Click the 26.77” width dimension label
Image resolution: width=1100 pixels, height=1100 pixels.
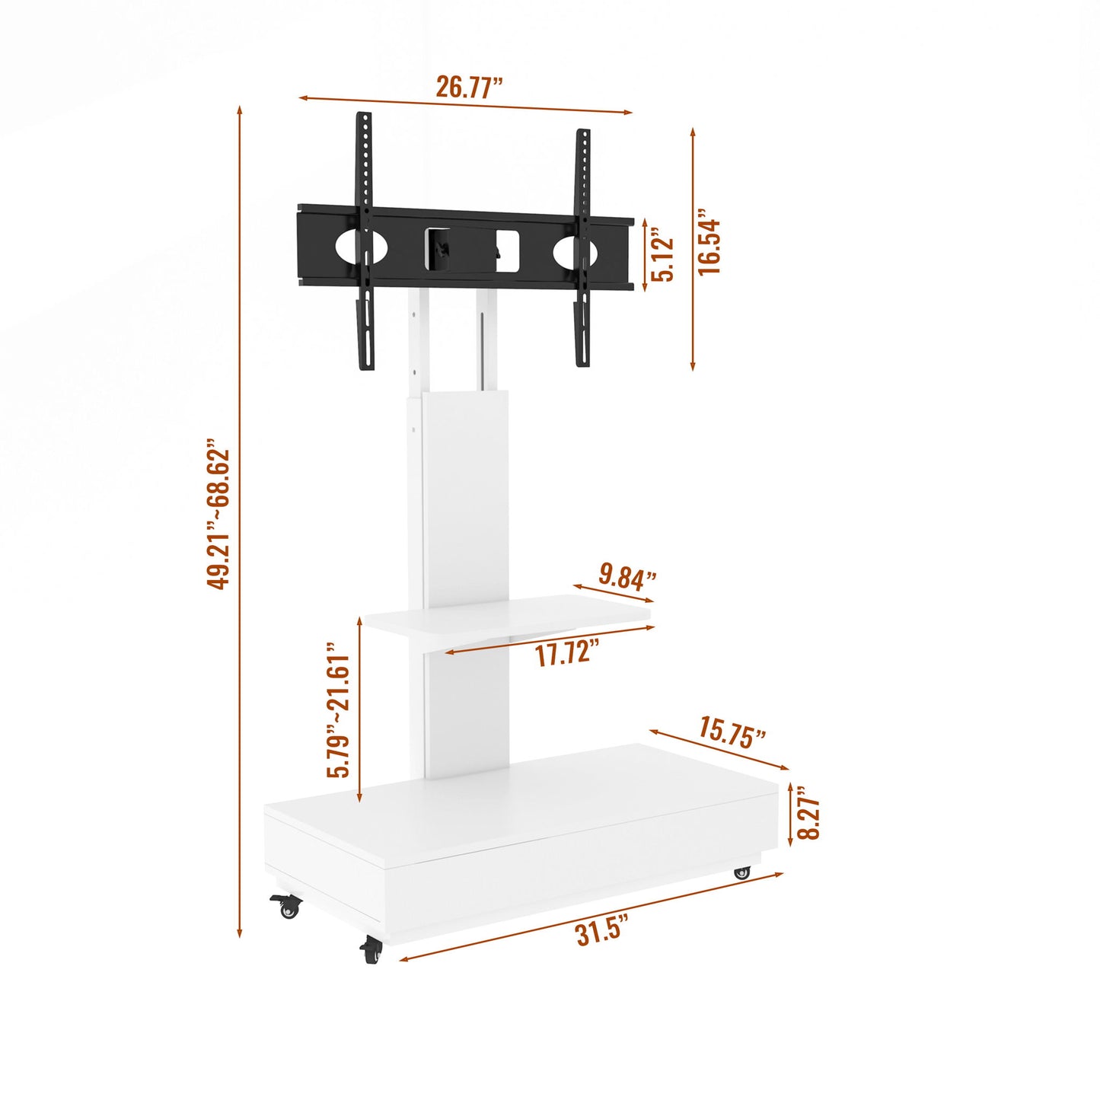pyautogui.click(x=469, y=87)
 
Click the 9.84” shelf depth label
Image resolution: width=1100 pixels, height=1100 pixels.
pyautogui.click(x=627, y=576)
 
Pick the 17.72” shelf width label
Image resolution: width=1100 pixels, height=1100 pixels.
pyautogui.click(x=566, y=653)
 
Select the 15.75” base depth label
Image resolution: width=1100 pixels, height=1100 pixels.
pyautogui.click(x=732, y=732)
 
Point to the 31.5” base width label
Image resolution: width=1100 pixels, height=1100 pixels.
pyautogui.click(x=601, y=931)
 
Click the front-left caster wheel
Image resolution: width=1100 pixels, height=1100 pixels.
pyautogui.click(x=287, y=906)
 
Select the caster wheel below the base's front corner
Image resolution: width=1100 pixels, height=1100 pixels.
pyautogui.click(x=371, y=950)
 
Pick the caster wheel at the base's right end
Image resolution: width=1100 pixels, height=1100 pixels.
pyautogui.click(x=742, y=873)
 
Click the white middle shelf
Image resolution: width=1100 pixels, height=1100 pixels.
pyautogui.click(x=506, y=617)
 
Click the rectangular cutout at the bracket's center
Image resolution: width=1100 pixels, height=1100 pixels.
pyautogui.click(x=472, y=249)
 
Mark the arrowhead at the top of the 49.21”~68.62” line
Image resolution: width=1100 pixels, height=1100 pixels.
pyautogui.click(x=240, y=110)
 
